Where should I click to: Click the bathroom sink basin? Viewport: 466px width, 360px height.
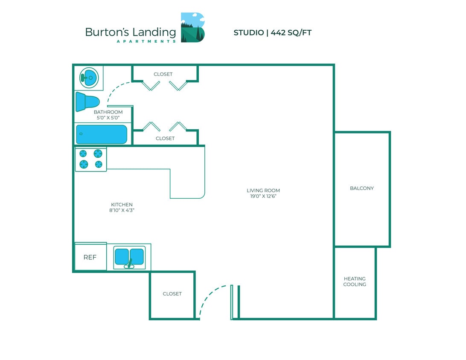click(x=89, y=78)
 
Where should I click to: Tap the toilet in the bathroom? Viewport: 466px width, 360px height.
click(x=87, y=102)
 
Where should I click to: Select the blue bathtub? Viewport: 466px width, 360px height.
click(x=102, y=134)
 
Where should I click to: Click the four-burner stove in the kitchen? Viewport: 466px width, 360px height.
click(x=91, y=159)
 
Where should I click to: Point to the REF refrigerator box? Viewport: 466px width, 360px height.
click(x=90, y=257)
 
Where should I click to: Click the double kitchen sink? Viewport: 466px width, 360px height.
click(x=129, y=257)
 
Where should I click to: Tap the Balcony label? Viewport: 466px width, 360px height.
click(x=361, y=188)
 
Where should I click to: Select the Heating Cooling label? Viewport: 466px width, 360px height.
click(x=355, y=282)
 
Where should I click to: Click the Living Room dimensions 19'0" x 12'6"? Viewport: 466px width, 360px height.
click(x=263, y=196)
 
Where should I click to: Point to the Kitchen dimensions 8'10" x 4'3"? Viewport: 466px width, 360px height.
click(x=122, y=210)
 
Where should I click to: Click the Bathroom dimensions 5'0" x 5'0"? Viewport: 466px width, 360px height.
click(x=108, y=117)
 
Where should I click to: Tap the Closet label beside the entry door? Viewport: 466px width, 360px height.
click(x=172, y=294)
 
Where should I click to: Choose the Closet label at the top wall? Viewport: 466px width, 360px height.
click(x=163, y=74)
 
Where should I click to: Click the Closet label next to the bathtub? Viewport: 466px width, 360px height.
click(x=165, y=138)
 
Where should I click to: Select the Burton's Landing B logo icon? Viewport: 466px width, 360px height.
click(x=192, y=27)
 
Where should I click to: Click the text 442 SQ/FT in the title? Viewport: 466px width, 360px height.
click(x=291, y=33)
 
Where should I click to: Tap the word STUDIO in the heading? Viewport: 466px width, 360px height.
click(x=248, y=33)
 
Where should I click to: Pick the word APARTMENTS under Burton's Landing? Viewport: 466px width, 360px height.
click(x=146, y=41)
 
